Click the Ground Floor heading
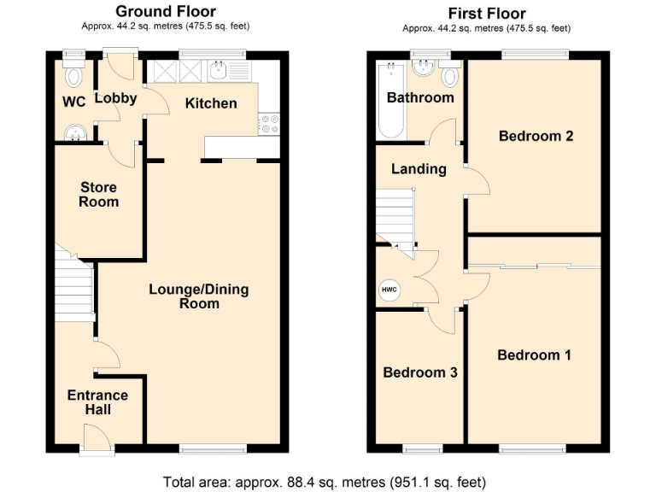click(166, 11)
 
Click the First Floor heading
click(487, 13)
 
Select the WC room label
click(74, 102)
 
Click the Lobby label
click(115, 98)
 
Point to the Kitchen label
click(211, 103)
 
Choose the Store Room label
click(98, 195)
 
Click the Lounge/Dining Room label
click(199, 296)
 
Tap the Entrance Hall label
click(97, 402)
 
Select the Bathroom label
click(420, 97)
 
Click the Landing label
click(419, 169)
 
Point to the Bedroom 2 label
click(536, 136)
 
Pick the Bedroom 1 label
click(535, 354)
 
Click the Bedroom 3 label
click(420, 372)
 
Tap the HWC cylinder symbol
click(389, 290)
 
